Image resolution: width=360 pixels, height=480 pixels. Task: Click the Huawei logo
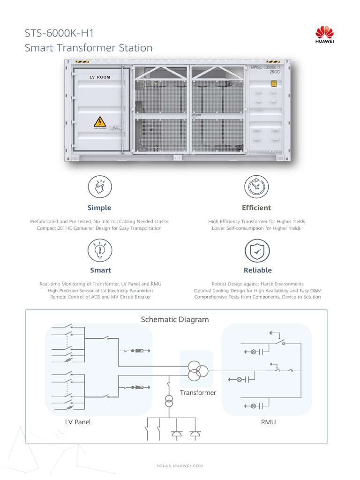324,35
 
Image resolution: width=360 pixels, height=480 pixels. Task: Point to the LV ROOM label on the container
100,77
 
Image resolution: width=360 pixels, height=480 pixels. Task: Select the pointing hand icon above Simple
99,187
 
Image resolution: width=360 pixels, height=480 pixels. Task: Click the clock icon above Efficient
256,187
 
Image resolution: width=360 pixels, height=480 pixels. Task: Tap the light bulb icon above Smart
99,250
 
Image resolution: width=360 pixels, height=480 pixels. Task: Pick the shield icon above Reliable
257,251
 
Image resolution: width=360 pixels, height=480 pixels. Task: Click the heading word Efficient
256,208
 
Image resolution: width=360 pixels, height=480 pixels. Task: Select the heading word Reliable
257,270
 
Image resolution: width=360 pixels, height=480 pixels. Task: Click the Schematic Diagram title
175,320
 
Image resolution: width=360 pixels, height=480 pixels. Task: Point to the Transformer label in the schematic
198,392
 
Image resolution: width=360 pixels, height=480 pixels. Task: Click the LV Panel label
78,422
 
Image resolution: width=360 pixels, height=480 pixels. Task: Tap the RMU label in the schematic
268,422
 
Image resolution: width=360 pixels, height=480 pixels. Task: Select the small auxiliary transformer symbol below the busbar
169,401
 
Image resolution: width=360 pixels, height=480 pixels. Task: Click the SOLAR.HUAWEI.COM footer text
180,465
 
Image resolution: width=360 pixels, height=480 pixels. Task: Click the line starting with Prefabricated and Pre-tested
99,221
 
